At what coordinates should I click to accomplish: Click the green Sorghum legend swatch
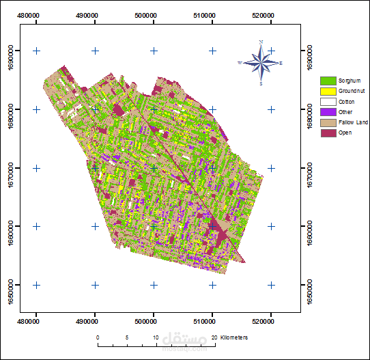pyautogui.click(x=328, y=81)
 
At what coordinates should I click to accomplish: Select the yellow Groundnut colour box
pyautogui.click(x=328, y=91)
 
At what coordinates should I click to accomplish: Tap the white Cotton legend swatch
pyautogui.click(x=328, y=101)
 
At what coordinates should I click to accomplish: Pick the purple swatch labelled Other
pyautogui.click(x=328, y=111)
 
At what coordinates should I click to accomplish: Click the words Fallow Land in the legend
pyautogui.click(x=353, y=122)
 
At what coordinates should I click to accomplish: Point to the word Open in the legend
pyautogui.click(x=345, y=133)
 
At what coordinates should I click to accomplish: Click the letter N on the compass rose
pyautogui.click(x=261, y=42)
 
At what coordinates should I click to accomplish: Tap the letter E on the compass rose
pyautogui.click(x=281, y=63)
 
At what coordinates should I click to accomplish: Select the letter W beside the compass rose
pyautogui.click(x=240, y=63)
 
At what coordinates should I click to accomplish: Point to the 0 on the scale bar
pyautogui.click(x=98, y=337)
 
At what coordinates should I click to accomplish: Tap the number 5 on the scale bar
pyautogui.click(x=127, y=337)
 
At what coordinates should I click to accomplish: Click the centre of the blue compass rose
pyautogui.click(x=261, y=63)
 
